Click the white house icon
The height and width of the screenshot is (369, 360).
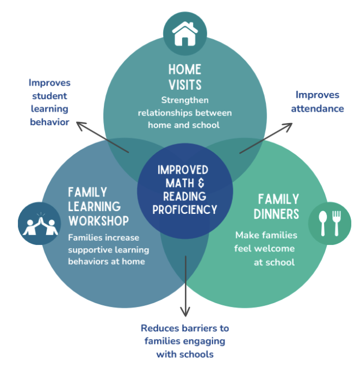pyautogui.click(x=185, y=34)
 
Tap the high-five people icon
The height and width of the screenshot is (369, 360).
pyautogui.click(x=40, y=224)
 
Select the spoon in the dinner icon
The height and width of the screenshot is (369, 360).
pyautogui.click(x=323, y=223)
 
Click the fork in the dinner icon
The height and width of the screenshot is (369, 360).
pyautogui.click(x=337, y=223)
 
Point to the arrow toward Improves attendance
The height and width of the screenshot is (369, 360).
pyautogui.click(x=266, y=138)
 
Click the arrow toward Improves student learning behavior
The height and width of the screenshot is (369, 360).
pyautogui.click(x=103, y=137)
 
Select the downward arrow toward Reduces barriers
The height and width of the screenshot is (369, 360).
pyautogui.click(x=185, y=286)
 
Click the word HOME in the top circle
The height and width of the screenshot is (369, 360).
pyautogui.click(x=185, y=70)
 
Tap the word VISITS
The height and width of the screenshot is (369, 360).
pyautogui.click(x=185, y=85)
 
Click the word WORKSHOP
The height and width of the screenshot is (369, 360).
pyautogui.click(x=98, y=221)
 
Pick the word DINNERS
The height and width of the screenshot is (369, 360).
pyautogui.click(x=276, y=214)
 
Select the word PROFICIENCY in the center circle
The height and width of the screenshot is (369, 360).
pyautogui.click(x=185, y=210)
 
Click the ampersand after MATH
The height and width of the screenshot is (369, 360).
pyautogui.click(x=201, y=183)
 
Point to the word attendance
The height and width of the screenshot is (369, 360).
pyautogui.click(x=318, y=109)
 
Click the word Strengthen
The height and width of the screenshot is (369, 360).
pyautogui.click(x=185, y=100)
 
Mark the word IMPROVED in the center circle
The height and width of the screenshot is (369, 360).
pyautogui.click(x=183, y=170)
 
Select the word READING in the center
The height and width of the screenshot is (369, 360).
pyautogui.click(x=185, y=196)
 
